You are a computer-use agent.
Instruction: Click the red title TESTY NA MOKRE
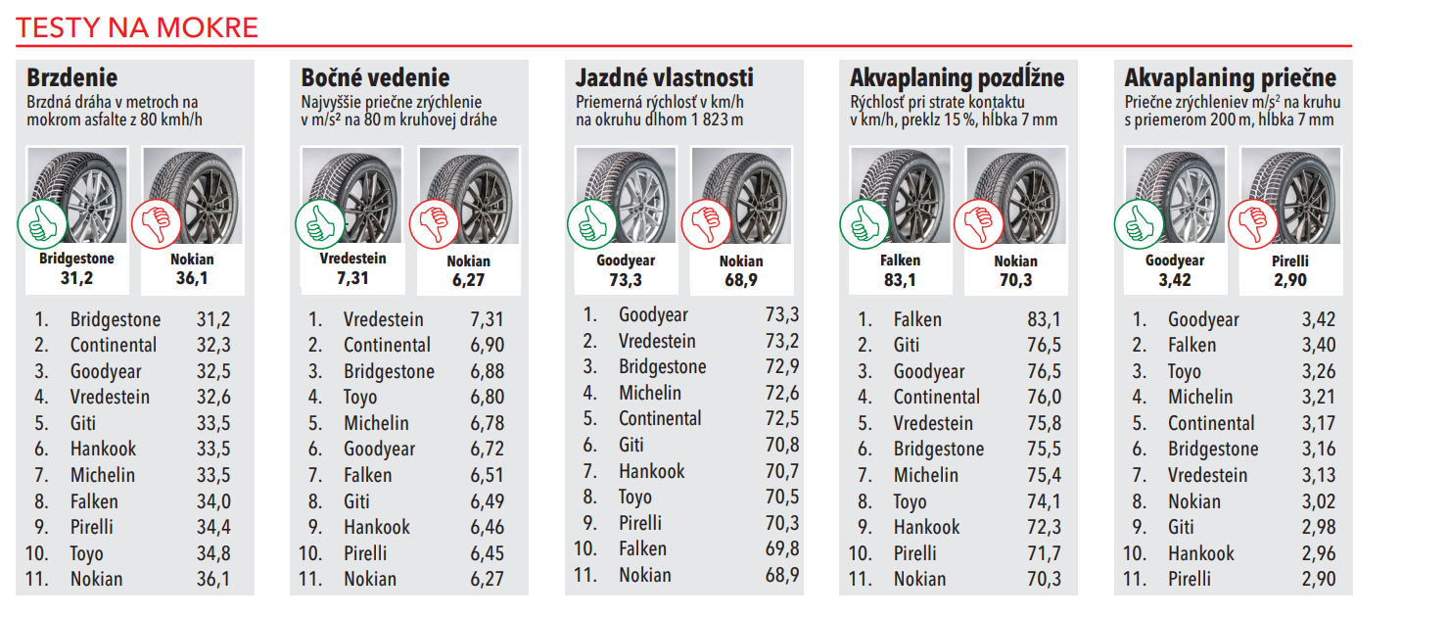pyautogui.click(x=136, y=27)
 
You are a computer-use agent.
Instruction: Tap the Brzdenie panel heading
pyautogui.click(x=71, y=77)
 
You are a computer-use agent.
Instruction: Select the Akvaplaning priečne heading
pyautogui.click(x=1230, y=77)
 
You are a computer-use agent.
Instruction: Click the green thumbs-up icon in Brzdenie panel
pyautogui.click(x=42, y=224)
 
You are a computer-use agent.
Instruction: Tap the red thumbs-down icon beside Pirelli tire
pyautogui.click(x=1253, y=224)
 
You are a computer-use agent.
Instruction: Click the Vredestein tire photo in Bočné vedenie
pyautogui.click(x=352, y=195)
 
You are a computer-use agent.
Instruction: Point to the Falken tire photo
pyautogui.click(x=901, y=195)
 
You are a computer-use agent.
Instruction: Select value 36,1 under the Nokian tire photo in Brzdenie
pyautogui.click(x=192, y=278)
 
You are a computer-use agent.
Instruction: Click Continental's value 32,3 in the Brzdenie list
pyautogui.click(x=213, y=345)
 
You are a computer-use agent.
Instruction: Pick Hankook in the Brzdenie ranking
pyautogui.click(x=104, y=449)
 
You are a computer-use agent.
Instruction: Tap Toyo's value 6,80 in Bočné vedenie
pyautogui.click(x=487, y=397)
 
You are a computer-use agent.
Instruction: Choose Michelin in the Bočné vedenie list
pyautogui.click(x=376, y=423)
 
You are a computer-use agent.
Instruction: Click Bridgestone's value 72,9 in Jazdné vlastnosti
pyautogui.click(x=782, y=366)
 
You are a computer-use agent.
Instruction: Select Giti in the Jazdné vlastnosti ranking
pyautogui.click(x=631, y=445)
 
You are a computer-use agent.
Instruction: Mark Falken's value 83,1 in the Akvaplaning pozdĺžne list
pyautogui.click(x=1044, y=319)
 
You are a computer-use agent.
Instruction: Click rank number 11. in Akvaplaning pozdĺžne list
pyautogui.click(x=861, y=579)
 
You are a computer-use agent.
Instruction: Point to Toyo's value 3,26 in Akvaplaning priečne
pyautogui.click(x=1319, y=371)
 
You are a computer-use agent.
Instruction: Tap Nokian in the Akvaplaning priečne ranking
pyautogui.click(x=1194, y=501)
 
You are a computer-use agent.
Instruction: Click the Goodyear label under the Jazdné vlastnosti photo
pyautogui.click(x=626, y=261)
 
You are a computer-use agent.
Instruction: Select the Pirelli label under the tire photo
pyautogui.click(x=1290, y=261)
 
